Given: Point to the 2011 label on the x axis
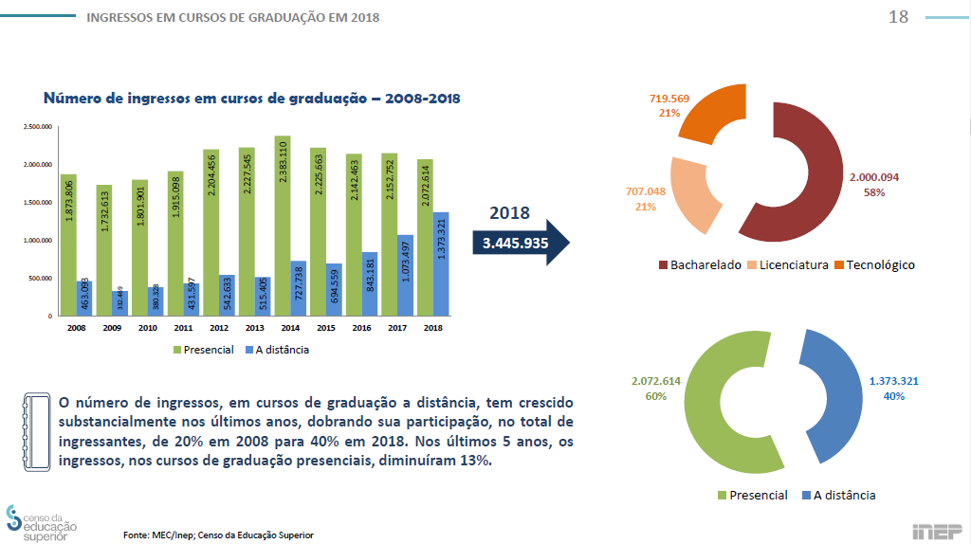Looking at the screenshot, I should (x=182, y=327).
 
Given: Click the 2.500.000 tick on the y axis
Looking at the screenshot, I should (x=38, y=127).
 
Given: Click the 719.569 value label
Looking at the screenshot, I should (x=669, y=99).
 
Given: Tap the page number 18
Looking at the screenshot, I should (x=898, y=17).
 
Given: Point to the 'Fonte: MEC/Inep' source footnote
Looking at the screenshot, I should (x=217, y=535).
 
